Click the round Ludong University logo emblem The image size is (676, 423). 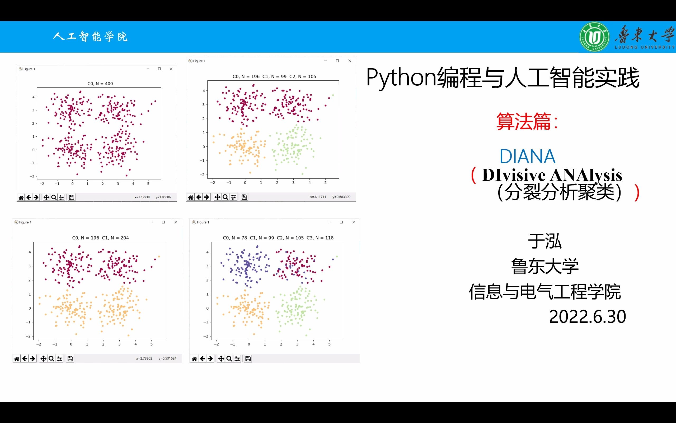click(x=594, y=37)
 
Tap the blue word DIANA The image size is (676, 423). click(x=527, y=157)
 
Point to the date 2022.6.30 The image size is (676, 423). click(x=587, y=317)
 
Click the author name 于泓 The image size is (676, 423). click(x=544, y=241)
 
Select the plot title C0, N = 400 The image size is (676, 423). click(x=100, y=84)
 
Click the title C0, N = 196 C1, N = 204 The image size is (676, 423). click(x=100, y=238)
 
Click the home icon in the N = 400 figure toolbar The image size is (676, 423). click(x=21, y=197)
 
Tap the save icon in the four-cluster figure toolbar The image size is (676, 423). click(x=248, y=359)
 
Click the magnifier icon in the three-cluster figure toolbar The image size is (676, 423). click(x=225, y=197)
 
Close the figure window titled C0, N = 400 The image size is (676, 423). click(x=171, y=69)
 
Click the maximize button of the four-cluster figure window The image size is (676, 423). click(x=341, y=222)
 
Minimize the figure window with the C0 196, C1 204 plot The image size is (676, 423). click(x=151, y=222)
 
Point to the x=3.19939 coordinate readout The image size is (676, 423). click(x=142, y=197)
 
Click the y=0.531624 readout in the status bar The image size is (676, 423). click(x=167, y=358)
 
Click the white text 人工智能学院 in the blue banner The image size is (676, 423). click(x=91, y=37)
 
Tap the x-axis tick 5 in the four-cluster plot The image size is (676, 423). click(x=329, y=344)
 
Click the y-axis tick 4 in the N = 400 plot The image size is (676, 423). click(x=33, y=97)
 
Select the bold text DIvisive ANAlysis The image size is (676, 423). click(x=552, y=175)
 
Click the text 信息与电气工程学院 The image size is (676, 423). click(x=545, y=292)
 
